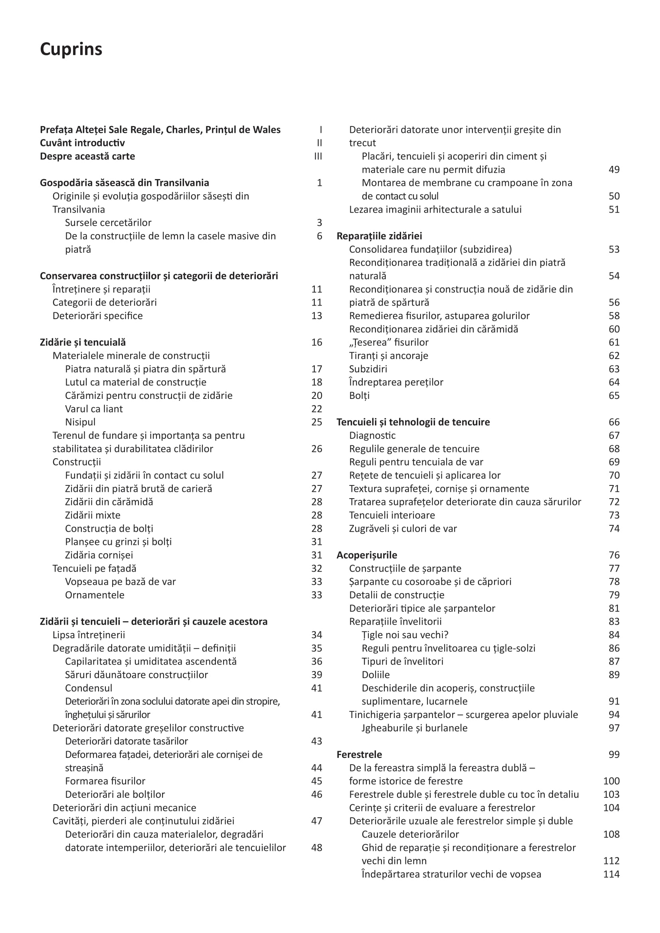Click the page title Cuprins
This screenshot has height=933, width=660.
tap(71, 49)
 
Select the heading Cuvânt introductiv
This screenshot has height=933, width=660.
tap(82, 143)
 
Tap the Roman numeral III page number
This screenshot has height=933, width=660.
tap(318, 156)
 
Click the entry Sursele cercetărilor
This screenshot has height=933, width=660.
tap(108, 223)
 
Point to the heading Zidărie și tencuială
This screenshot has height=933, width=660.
tap(83, 342)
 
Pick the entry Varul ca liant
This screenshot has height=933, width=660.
tap(94, 409)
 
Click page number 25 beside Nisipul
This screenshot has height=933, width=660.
tap(316, 422)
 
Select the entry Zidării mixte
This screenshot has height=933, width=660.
tap(93, 515)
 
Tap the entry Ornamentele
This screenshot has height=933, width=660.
tap(95, 595)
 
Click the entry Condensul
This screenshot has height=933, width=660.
tap(89, 688)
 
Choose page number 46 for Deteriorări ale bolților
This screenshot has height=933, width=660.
tap(316, 795)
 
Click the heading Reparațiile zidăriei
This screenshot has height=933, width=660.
tap(379, 236)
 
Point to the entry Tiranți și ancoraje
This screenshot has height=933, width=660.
tap(389, 356)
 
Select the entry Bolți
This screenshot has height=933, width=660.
tap(359, 396)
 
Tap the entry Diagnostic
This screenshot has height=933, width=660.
tap(372, 436)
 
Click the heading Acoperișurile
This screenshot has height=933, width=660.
tap(367, 555)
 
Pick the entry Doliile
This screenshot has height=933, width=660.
tap(375, 675)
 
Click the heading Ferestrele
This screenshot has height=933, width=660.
tap(359, 755)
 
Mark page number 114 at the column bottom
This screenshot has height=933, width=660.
tap(611, 874)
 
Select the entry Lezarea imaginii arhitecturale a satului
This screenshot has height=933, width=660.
tap(435, 210)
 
